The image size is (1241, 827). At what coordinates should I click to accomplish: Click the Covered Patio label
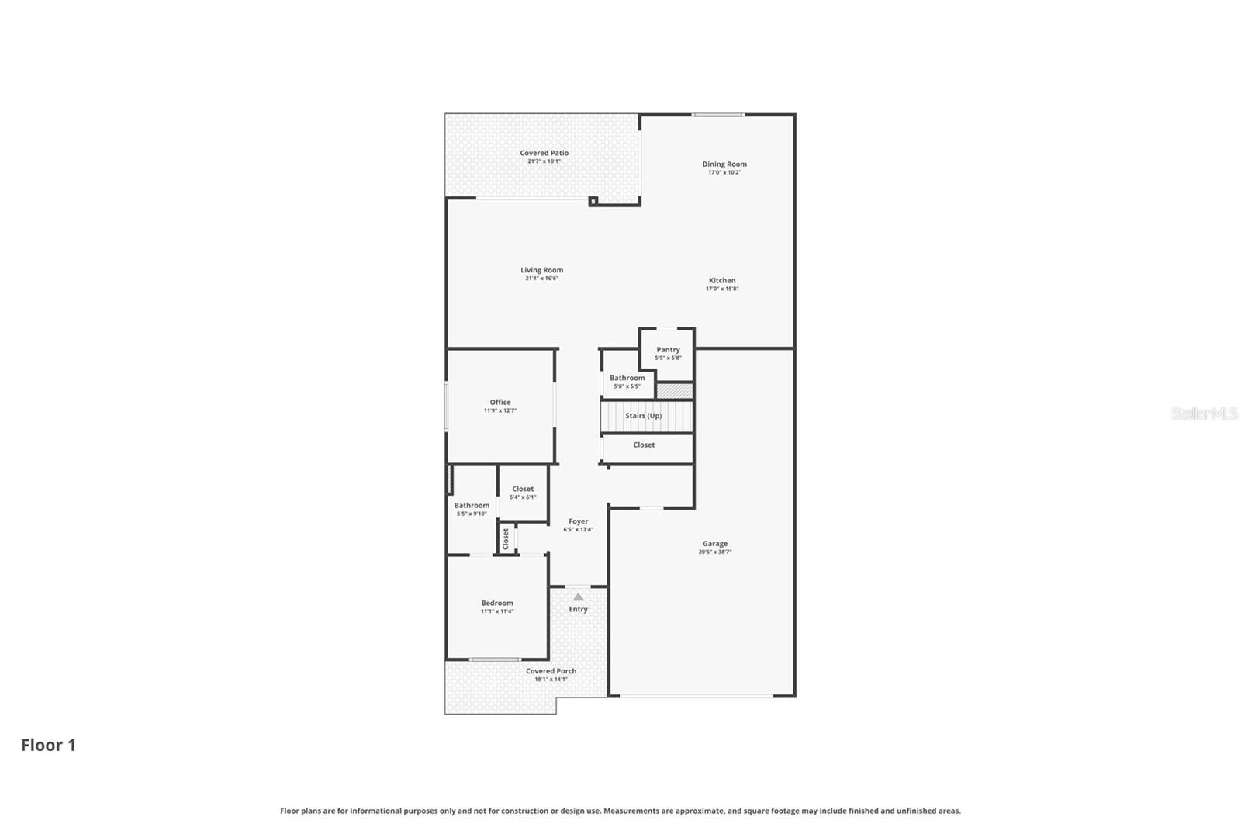tap(544, 153)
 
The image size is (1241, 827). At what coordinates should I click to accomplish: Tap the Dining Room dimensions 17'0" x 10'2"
tap(724, 172)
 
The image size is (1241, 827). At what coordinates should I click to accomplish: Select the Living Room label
tap(541, 270)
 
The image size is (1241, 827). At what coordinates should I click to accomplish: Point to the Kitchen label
tap(721, 280)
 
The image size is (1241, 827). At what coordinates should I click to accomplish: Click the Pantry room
tap(667, 353)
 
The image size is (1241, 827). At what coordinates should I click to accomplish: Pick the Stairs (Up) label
tap(643, 416)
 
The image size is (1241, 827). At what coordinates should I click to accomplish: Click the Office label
tap(500, 402)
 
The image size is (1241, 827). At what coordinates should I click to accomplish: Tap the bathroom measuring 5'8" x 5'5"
tap(627, 381)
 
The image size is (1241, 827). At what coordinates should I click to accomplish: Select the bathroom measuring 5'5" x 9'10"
tap(472, 508)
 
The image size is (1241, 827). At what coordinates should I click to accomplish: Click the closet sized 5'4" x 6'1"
tap(522, 493)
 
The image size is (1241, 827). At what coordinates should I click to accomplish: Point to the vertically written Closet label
tap(506, 538)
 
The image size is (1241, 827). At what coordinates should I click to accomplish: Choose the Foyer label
tap(578, 521)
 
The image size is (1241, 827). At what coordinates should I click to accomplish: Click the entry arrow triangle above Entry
tap(578, 597)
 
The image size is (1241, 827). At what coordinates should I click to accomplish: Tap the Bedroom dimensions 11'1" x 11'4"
tap(496, 611)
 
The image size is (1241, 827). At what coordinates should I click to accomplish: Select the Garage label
tap(714, 544)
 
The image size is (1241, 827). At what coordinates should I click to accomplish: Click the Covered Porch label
tap(551, 671)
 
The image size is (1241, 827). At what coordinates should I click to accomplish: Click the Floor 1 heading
tap(48, 745)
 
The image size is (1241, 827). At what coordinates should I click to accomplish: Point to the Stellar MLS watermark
tap(1204, 413)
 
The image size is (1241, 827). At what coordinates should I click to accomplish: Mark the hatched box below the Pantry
tap(674, 390)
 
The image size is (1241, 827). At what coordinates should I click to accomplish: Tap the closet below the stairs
tap(644, 445)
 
